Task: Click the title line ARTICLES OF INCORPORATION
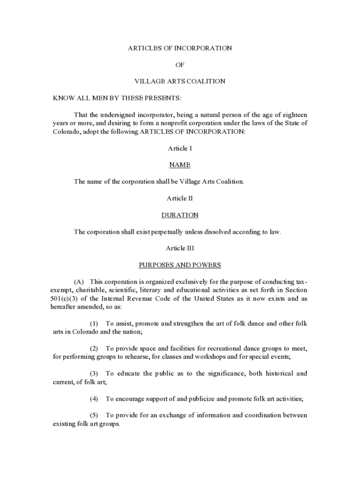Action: [180, 48]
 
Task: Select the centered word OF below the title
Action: [180, 65]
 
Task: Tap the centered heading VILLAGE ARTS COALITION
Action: [180, 81]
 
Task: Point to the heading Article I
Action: [180, 148]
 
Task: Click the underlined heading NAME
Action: [180, 165]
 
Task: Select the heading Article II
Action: [180, 198]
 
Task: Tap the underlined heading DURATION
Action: [180, 215]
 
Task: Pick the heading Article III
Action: [180, 248]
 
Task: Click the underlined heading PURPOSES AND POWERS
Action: [180, 265]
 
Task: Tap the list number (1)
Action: [94, 324]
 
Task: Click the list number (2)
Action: [94, 349]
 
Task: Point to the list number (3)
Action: [94, 374]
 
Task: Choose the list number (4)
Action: [94, 399]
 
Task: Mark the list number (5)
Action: [94, 415]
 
